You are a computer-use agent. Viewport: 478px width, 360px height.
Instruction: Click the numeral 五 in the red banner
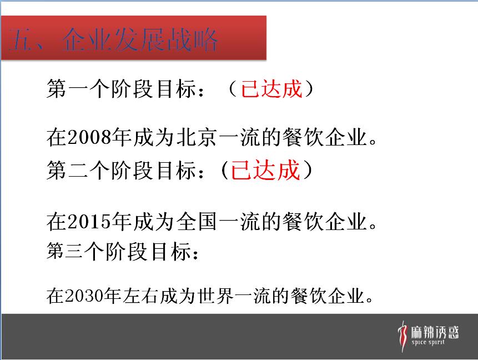pyautogui.click(x=19, y=39)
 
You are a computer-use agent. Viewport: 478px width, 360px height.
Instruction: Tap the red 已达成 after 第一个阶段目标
pyautogui.click(x=271, y=89)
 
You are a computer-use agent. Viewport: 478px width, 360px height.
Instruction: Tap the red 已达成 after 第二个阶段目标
pyautogui.click(x=265, y=170)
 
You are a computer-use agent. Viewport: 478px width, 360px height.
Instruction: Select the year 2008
pyautogui.click(x=89, y=137)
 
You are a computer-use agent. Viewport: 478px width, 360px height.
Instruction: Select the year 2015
pyautogui.click(x=89, y=222)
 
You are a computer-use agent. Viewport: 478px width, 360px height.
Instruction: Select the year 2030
pyautogui.click(x=84, y=296)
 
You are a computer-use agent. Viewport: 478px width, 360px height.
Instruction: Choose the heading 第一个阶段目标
pyautogui.click(x=120, y=89)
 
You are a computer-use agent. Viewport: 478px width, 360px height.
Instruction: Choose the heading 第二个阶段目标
pyautogui.click(x=120, y=170)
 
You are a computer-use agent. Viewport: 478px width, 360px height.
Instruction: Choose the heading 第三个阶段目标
pyautogui.click(x=118, y=252)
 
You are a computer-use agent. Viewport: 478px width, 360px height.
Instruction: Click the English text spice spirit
pyautogui.click(x=428, y=342)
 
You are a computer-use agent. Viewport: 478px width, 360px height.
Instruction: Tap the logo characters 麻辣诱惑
pyautogui.click(x=435, y=332)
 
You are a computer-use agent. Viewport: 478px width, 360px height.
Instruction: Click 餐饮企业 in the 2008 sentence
pyautogui.click(x=324, y=137)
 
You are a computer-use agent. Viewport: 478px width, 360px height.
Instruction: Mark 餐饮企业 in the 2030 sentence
pyautogui.click(x=328, y=296)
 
